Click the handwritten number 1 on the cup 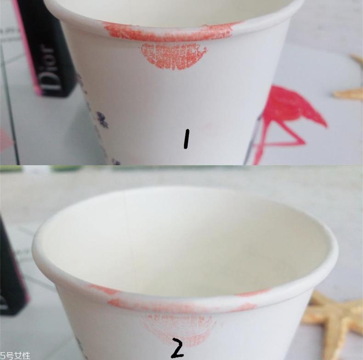[x=187, y=139]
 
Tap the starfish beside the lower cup [x=334, y=324]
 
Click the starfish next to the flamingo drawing [x=350, y=88]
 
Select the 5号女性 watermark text [x=15, y=355]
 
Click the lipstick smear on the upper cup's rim [x=169, y=33]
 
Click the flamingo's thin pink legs [x=278, y=141]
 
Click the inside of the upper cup [x=174, y=11]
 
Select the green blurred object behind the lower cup [x=60, y=168]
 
